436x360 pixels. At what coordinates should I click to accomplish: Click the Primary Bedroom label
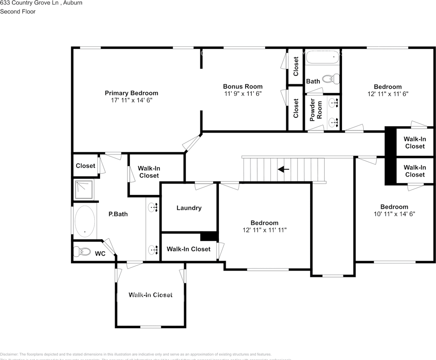pos(131,93)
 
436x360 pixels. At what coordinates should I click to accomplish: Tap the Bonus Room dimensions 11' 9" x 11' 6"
pos(243,94)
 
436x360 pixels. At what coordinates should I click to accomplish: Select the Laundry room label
pos(189,208)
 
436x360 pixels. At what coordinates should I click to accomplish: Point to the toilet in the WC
pos(82,251)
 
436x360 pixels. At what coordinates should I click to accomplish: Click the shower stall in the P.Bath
pos(83,190)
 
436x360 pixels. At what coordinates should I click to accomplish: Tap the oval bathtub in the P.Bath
pos(84,221)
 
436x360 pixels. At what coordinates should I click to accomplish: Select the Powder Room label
pos(315,110)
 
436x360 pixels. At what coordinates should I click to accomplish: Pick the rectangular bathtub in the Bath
pos(322,57)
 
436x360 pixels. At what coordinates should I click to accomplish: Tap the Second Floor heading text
pos(18,12)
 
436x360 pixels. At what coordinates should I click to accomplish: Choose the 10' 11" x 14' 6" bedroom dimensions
pos(394,214)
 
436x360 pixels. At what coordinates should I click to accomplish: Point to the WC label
pos(100,254)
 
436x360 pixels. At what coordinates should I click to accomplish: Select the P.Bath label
pos(118,214)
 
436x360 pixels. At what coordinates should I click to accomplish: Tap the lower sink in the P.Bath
pos(152,249)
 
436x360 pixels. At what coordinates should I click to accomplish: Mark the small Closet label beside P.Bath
pos(85,166)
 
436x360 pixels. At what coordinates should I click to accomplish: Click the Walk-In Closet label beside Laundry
pos(188,249)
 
